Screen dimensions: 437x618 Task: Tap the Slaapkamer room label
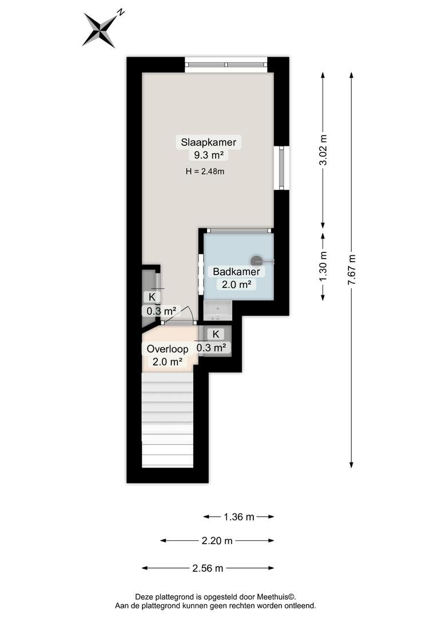[208, 142]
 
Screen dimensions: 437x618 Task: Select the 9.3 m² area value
[209, 155]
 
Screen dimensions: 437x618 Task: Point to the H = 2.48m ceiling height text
[205, 172]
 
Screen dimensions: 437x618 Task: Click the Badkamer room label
[236, 272]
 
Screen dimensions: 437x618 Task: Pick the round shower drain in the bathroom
[257, 260]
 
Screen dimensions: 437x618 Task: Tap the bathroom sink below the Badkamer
[218, 311]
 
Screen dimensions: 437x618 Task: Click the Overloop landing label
[168, 349]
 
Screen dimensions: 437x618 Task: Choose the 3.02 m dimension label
[323, 150]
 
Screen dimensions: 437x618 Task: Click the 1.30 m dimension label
[323, 267]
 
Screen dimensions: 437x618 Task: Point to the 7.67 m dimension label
[352, 270]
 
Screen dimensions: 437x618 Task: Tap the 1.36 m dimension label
[239, 517]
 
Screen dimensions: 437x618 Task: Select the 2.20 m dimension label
[217, 541]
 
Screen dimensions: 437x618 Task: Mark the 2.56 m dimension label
[208, 568]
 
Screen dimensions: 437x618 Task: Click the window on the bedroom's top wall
[226, 65]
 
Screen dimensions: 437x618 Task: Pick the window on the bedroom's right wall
[282, 168]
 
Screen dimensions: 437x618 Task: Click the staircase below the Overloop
[168, 419]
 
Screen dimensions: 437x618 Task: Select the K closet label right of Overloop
[216, 334]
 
